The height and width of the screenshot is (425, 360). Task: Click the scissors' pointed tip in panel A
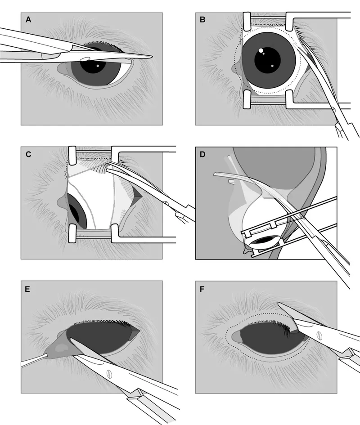click(x=151, y=57)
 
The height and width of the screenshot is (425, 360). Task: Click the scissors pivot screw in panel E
click(x=108, y=372)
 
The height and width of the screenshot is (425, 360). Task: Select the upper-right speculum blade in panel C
click(x=114, y=156)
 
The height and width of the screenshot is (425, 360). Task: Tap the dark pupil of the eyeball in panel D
click(x=261, y=241)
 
